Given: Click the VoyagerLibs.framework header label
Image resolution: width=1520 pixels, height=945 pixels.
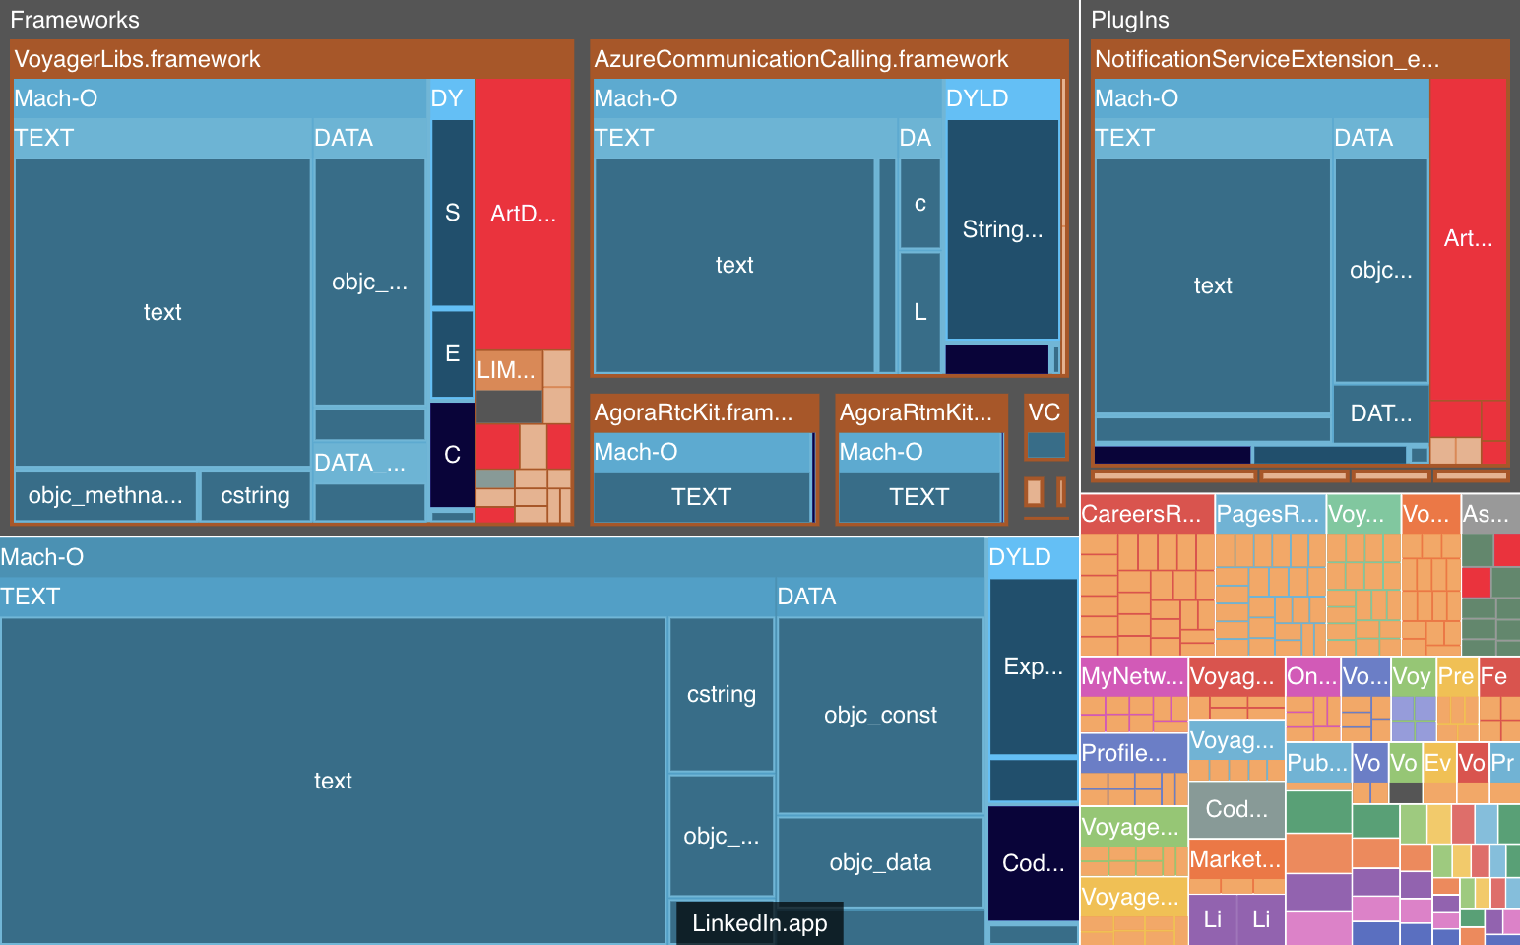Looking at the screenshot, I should pos(138,59).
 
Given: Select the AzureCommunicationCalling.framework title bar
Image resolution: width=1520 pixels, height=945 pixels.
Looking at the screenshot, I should pos(800,59).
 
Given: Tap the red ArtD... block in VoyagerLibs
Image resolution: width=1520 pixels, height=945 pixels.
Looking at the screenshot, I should pos(523,214).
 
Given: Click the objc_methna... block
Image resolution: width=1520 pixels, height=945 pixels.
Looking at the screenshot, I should pos(105,495).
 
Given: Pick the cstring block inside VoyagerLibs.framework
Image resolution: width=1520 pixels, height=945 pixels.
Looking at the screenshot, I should pos(255,495).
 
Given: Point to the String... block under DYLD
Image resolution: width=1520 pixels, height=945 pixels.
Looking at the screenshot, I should pos(1002,229).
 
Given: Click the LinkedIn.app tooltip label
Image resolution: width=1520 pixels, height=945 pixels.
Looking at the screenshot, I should pos(759,923).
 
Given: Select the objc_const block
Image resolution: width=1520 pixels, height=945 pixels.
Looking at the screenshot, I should pos(880,715).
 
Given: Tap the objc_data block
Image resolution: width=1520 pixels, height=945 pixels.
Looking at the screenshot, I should pos(880,862).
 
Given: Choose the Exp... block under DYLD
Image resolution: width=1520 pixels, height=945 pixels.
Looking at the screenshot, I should pos(1033,666).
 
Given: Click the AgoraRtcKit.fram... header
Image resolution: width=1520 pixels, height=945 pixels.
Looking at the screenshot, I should pos(693,412).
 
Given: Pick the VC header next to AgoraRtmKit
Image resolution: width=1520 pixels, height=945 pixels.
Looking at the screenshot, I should pos(1045,412).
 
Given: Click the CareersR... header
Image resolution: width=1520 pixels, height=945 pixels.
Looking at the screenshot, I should pos(1142,514).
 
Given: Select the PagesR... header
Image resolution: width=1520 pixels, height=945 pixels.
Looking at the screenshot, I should pos(1268,514).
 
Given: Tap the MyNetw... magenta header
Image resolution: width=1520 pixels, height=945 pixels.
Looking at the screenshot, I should pos(1132,676).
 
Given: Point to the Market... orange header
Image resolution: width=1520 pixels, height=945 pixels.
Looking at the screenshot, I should pos(1235,859).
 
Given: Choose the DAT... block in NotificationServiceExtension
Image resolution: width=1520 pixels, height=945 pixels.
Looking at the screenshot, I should pos(1380,413).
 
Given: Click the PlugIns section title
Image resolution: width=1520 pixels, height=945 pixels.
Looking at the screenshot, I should pos(1130,20).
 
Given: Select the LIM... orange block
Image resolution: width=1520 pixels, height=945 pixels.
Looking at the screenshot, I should pos(506,370).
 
